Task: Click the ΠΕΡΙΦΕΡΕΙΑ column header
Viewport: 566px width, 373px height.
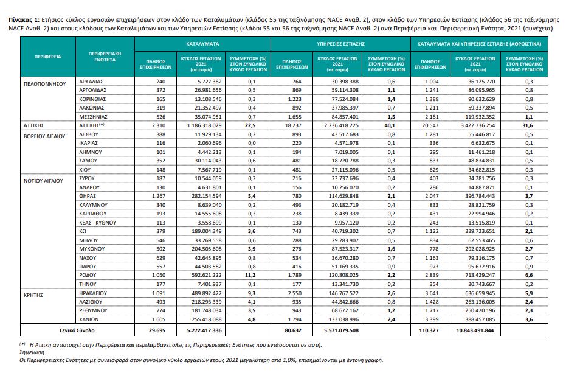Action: (x=47, y=57)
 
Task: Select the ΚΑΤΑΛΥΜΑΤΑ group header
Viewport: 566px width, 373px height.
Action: (x=202, y=44)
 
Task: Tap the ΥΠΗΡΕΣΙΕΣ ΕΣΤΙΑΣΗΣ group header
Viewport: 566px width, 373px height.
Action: (x=340, y=44)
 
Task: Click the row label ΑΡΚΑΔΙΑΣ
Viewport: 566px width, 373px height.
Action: (x=91, y=82)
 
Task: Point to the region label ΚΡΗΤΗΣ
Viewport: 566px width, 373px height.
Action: (x=33, y=295)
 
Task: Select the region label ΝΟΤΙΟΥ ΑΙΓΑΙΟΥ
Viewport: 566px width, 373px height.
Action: (x=43, y=181)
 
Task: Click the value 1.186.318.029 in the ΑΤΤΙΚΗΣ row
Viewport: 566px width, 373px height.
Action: (x=204, y=125)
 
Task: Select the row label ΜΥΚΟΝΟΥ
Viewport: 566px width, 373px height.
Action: (x=92, y=249)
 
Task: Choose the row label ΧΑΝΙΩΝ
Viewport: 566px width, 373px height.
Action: (x=89, y=319)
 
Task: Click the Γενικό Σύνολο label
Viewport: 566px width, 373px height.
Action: (x=77, y=330)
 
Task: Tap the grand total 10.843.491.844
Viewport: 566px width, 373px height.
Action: (x=475, y=330)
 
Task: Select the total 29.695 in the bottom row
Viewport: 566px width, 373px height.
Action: (x=157, y=330)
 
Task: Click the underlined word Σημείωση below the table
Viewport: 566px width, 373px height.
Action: (x=32, y=352)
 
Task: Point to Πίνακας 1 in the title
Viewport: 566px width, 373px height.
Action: (x=24, y=20)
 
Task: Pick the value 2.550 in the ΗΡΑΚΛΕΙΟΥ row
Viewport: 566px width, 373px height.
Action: (x=294, y=293)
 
